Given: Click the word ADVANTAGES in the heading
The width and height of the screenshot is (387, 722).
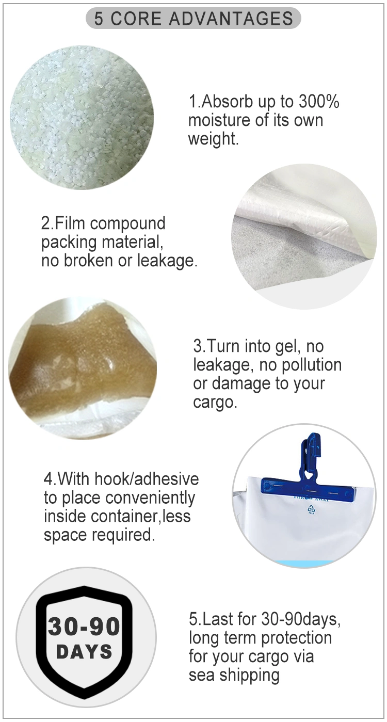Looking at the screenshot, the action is tap(231, 19).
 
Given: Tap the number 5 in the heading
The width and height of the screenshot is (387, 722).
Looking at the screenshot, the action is tap(99, 19).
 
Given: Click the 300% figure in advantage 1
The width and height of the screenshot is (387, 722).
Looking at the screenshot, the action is tap(319, 102).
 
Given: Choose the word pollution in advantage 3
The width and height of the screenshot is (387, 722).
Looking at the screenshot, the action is tap(312, 364).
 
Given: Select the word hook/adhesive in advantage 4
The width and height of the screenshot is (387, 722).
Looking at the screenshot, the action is tap(147, 478).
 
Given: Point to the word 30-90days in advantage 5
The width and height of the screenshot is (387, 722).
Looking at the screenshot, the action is tap(301, 619).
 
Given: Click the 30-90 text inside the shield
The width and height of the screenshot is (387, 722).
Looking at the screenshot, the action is tap(84, 627).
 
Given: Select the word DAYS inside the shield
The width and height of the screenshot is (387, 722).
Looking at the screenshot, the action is tap(84, 651).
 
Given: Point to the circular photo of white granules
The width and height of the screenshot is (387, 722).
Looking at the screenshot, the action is tap(82, 117).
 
